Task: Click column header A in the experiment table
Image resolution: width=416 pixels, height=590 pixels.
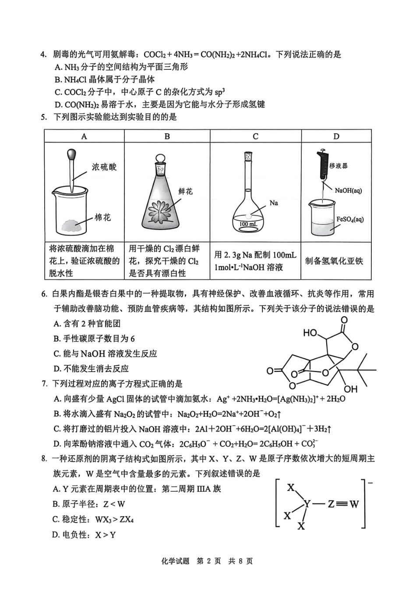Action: coord(84,136)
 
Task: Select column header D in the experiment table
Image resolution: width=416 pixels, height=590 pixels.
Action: coord(336,136)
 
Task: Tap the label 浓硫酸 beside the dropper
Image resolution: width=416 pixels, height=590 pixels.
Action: coord(104,167)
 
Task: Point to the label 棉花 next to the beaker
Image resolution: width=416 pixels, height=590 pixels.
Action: coord(103,218)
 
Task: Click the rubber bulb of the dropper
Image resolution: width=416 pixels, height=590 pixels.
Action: coord(71,154)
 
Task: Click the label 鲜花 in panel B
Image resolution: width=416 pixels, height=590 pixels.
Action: coord(185,192)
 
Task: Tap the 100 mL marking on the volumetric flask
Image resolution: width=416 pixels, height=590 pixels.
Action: coord(248,224)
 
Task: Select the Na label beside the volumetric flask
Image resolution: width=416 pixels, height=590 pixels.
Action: coord(274,203)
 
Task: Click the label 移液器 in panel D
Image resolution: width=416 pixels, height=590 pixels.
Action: coord(338,166)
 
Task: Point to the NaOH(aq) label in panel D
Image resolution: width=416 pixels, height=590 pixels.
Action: coord(348,190)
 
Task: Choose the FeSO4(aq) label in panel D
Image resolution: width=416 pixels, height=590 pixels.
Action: coord(350,219)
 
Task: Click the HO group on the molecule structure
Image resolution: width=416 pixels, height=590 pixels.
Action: coord(310,333)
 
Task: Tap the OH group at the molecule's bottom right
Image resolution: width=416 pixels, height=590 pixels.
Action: coord(350,389)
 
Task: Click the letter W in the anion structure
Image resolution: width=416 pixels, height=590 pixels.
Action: coord(354,504)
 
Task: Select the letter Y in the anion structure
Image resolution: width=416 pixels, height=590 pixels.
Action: coord(307,504)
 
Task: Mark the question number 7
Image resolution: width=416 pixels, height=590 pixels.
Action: coord(44,384)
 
